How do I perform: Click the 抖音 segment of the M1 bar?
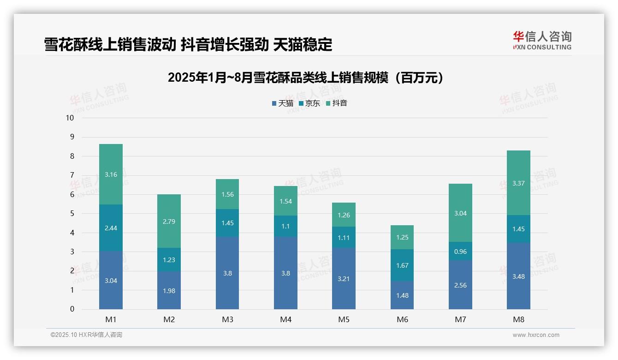[x=111, y=174]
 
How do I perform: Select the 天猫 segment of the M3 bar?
[x=227, y=273]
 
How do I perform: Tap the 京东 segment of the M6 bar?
[x=402, y=265]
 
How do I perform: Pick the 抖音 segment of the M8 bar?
[x=518, y=183]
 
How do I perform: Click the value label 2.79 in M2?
[x=169, y=222]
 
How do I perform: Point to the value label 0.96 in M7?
[x=460, y=252]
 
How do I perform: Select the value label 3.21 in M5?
[x=344, y=279]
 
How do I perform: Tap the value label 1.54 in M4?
[x=285, y=201]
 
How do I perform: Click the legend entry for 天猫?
[x=282, y=103]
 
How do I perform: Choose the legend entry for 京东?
[x=309, y=103]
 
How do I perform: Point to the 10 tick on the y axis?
[x=70, y=118]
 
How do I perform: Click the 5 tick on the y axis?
[x=72, y=214]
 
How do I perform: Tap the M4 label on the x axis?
[x=285, y=319]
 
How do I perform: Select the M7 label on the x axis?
[x=460, y=319]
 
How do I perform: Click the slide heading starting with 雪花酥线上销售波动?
[x=188, y=45]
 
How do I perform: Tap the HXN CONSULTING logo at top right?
[x=542, y=40]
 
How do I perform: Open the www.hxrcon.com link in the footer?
[x=536, y=335]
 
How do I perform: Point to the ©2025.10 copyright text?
[x=86, y=335]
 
